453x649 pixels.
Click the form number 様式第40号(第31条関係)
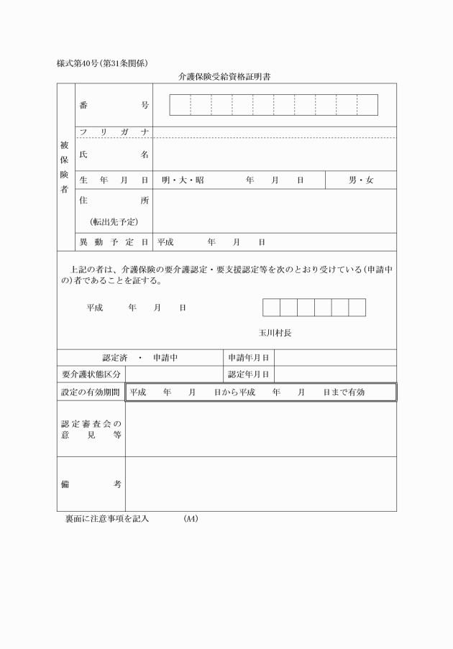(x=103, y=63)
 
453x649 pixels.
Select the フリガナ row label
(x=114, y=132)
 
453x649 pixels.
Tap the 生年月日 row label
(x=114, y=180)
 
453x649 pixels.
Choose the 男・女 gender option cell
(x=361, y=180)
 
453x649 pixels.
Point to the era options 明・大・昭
(x=183, y=180)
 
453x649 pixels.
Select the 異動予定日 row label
(x=114, y=242)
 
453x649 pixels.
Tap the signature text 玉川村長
(x=275, y=333)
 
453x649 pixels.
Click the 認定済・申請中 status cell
(x=140, y=357)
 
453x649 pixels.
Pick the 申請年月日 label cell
(x=249, y=357)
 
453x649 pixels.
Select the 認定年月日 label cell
(x=249, y=374)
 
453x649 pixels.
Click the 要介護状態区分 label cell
(x=91, y=374)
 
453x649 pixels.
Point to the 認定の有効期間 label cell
(x=91, y=392)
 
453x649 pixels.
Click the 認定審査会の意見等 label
(x=91, y=429)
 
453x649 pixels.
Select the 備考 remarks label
(x=91, y=484)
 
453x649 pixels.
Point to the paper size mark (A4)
(x=191, y=518)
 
